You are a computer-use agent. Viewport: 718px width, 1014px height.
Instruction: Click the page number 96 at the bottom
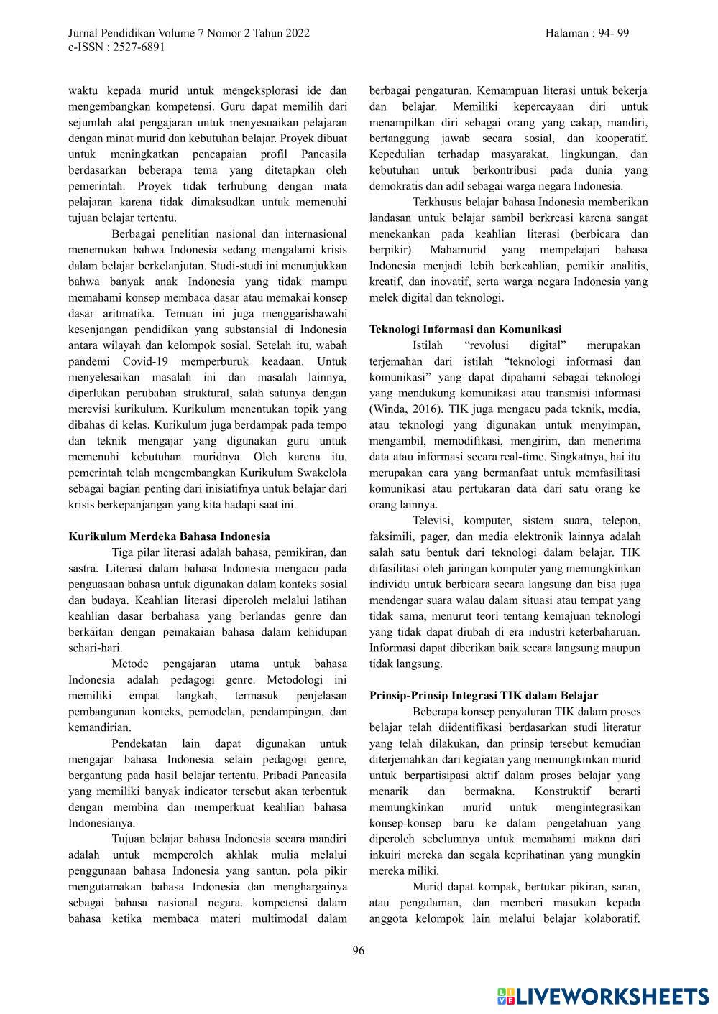tap(359, 951)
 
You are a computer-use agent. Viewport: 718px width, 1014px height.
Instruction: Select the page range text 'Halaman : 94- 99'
tap(587, 33)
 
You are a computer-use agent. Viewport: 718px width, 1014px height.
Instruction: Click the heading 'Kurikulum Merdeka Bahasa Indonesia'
tap(169, 536)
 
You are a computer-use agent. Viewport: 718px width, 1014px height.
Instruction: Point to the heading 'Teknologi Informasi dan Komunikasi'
tap(465, 330)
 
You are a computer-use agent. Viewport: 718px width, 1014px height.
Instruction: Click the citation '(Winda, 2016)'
tap(402, 409)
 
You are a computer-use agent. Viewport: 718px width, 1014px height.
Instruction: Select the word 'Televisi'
tap(433, 521)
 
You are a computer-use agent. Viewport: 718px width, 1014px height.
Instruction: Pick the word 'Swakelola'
tap(322, 473)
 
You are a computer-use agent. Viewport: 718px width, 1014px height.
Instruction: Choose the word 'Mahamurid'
tap(458, 250)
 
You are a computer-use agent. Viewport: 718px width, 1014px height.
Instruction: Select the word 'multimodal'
tap(285, 918)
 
